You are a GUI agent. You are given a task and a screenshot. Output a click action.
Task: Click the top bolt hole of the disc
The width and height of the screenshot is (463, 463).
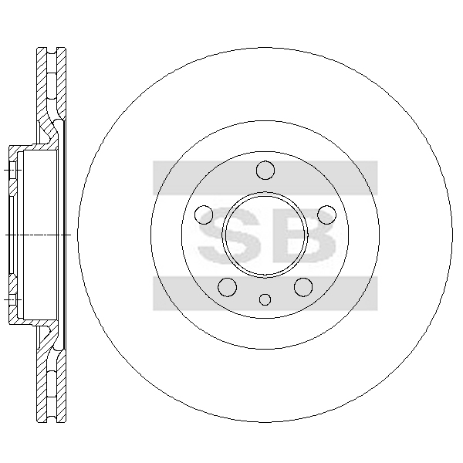[x=265, y=171]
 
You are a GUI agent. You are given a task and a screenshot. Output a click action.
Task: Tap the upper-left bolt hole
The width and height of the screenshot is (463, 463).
[x=204, y=215]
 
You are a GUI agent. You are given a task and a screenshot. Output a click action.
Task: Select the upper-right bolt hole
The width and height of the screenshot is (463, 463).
[x=326, y=215]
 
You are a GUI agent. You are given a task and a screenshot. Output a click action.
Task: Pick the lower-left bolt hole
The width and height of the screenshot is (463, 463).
[x=228, y=287]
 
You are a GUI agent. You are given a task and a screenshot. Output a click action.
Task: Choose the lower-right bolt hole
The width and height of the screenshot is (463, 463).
[x=303, y=287]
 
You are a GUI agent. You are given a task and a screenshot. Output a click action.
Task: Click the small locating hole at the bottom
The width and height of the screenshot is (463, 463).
[x=265, y=299]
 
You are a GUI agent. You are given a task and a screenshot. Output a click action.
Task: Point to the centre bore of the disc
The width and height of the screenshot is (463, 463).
[x=265, y=235]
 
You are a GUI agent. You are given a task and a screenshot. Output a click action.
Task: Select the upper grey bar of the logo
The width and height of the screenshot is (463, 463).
[x=265, y=177]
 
